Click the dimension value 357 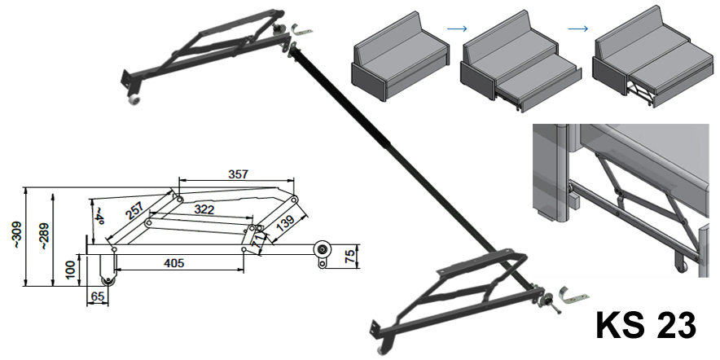tap(238, 173)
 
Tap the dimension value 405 tap(173, 262)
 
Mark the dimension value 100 tap(72, 268)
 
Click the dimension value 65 tap(96, 296)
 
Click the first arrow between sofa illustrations tap(458, 29)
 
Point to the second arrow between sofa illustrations tap(577, 29)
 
